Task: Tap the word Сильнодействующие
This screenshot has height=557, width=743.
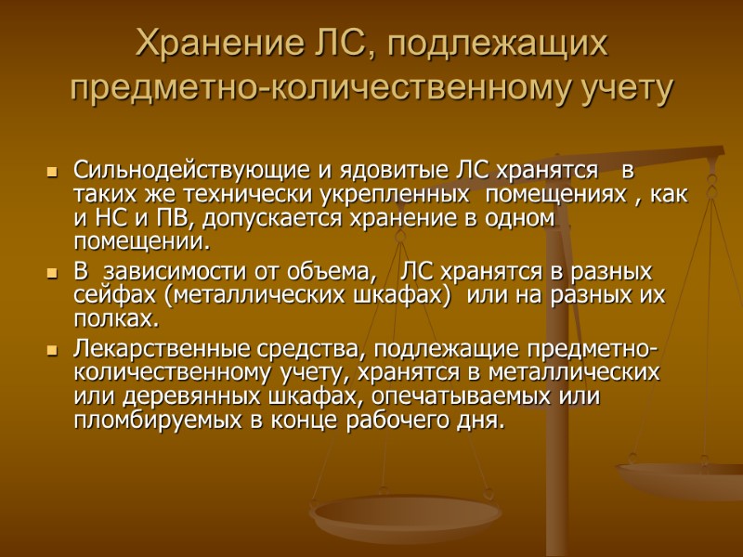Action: (182, 172)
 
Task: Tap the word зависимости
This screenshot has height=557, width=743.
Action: (168, 273)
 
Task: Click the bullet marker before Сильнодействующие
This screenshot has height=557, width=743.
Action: (52, 173)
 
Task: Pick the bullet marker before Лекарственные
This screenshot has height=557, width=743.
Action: (52, 351)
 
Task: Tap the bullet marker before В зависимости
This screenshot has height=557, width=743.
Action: (52, 274)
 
